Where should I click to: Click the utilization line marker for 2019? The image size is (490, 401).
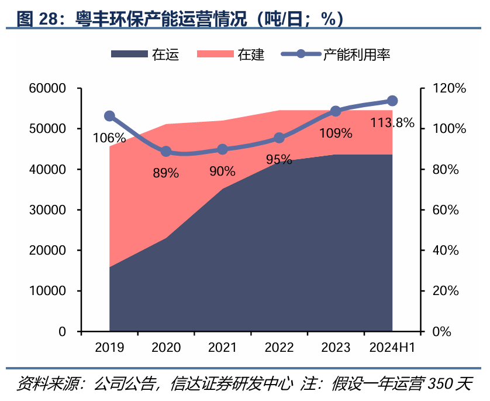pos(109,116)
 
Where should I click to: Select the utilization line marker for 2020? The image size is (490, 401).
pos(166,152)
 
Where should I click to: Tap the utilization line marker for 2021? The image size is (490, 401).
pos(223,149)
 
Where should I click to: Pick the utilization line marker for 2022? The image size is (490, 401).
pos(279,138)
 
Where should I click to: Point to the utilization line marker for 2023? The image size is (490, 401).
pos(336,111)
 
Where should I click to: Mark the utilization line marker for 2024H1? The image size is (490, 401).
pos(392,101)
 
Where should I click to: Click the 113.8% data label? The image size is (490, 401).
pos(392,123)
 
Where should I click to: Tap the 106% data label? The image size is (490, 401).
pos(109,138)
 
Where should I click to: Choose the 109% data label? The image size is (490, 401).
pos(336,133)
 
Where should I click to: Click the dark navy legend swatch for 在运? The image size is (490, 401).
pos(129,54)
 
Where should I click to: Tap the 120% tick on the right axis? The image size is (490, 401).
pos(449,88)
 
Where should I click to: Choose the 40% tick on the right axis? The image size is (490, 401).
pos(446,250)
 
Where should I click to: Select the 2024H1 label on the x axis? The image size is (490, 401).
pos(392,347)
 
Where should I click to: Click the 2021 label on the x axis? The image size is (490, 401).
pos(223,347)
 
